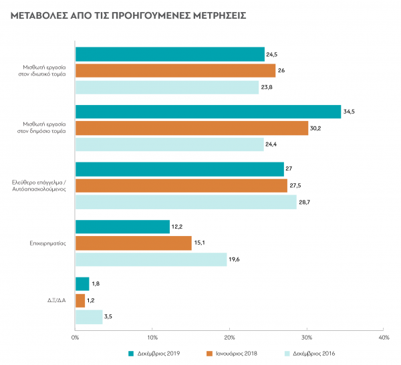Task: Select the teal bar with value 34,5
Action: (208, 112)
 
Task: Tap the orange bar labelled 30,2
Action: (192, 128)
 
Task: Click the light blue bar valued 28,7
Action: (186, 202)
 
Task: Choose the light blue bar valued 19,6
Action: (151, 259)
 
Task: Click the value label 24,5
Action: (272, 55)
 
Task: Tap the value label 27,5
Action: (295, 186)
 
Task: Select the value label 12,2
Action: (177, 227)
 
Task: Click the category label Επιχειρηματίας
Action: (51, 243)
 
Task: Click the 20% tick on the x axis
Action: (229, 337)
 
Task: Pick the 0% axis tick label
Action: (76, 337)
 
